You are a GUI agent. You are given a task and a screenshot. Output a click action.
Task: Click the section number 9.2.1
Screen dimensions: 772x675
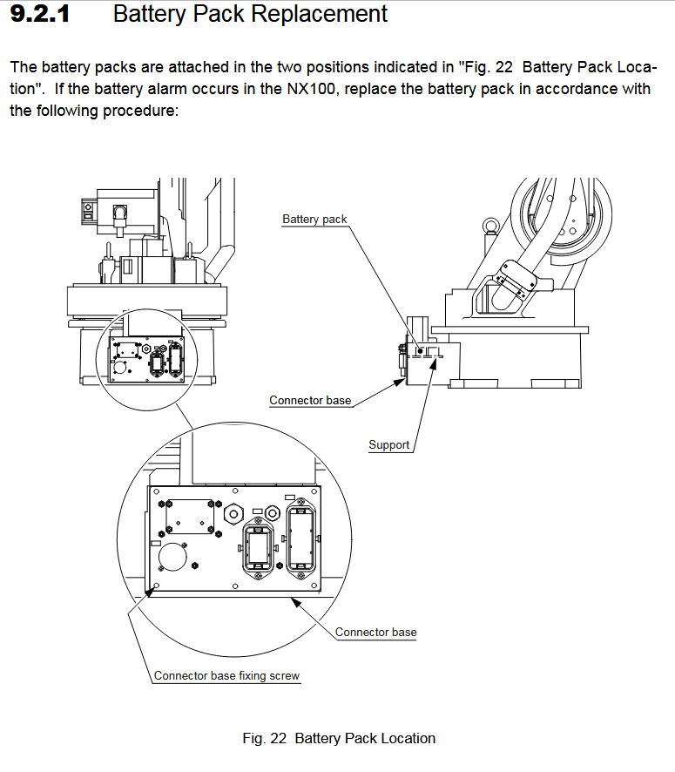39,15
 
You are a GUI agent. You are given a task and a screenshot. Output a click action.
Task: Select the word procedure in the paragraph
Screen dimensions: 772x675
143,111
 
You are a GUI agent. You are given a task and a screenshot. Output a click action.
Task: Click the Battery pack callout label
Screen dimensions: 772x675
314,219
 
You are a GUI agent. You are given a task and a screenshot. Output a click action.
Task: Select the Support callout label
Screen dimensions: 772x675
388,444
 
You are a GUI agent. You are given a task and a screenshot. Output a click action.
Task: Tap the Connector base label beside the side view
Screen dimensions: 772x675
310,401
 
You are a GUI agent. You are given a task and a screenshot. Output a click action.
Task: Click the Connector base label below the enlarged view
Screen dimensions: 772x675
375,632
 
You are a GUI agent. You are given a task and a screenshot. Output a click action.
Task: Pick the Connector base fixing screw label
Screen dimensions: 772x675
226,675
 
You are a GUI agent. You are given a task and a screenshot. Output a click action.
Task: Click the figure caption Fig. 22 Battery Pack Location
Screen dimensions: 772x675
339,738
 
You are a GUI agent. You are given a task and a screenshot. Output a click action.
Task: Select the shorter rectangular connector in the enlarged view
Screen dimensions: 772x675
258,549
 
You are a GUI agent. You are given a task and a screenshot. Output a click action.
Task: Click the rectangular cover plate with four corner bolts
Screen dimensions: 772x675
191,516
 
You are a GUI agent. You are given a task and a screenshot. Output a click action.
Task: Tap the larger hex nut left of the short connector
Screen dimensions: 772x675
234,514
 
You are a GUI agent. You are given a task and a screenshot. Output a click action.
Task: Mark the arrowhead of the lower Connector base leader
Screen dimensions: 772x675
292,600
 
